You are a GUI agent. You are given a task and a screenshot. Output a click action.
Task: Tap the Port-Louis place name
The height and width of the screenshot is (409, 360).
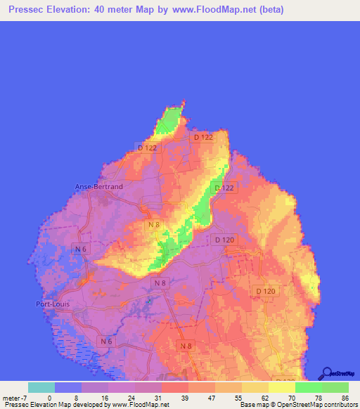coord(53,304)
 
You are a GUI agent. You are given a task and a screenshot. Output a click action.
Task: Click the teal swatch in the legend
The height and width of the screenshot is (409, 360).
coord(41,387)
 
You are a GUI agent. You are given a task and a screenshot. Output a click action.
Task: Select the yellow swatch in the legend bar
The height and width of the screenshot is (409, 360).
coord(282,387)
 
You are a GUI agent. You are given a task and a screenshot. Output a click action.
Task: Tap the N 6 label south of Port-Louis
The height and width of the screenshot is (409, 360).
coord(105,341)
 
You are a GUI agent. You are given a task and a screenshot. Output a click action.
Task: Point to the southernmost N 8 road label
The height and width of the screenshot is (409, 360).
coord(185,346)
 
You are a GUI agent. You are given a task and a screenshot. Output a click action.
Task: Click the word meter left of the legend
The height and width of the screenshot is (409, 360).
coord(11,397)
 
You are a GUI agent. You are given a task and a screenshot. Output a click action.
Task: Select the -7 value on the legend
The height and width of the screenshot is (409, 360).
coord(25,397)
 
